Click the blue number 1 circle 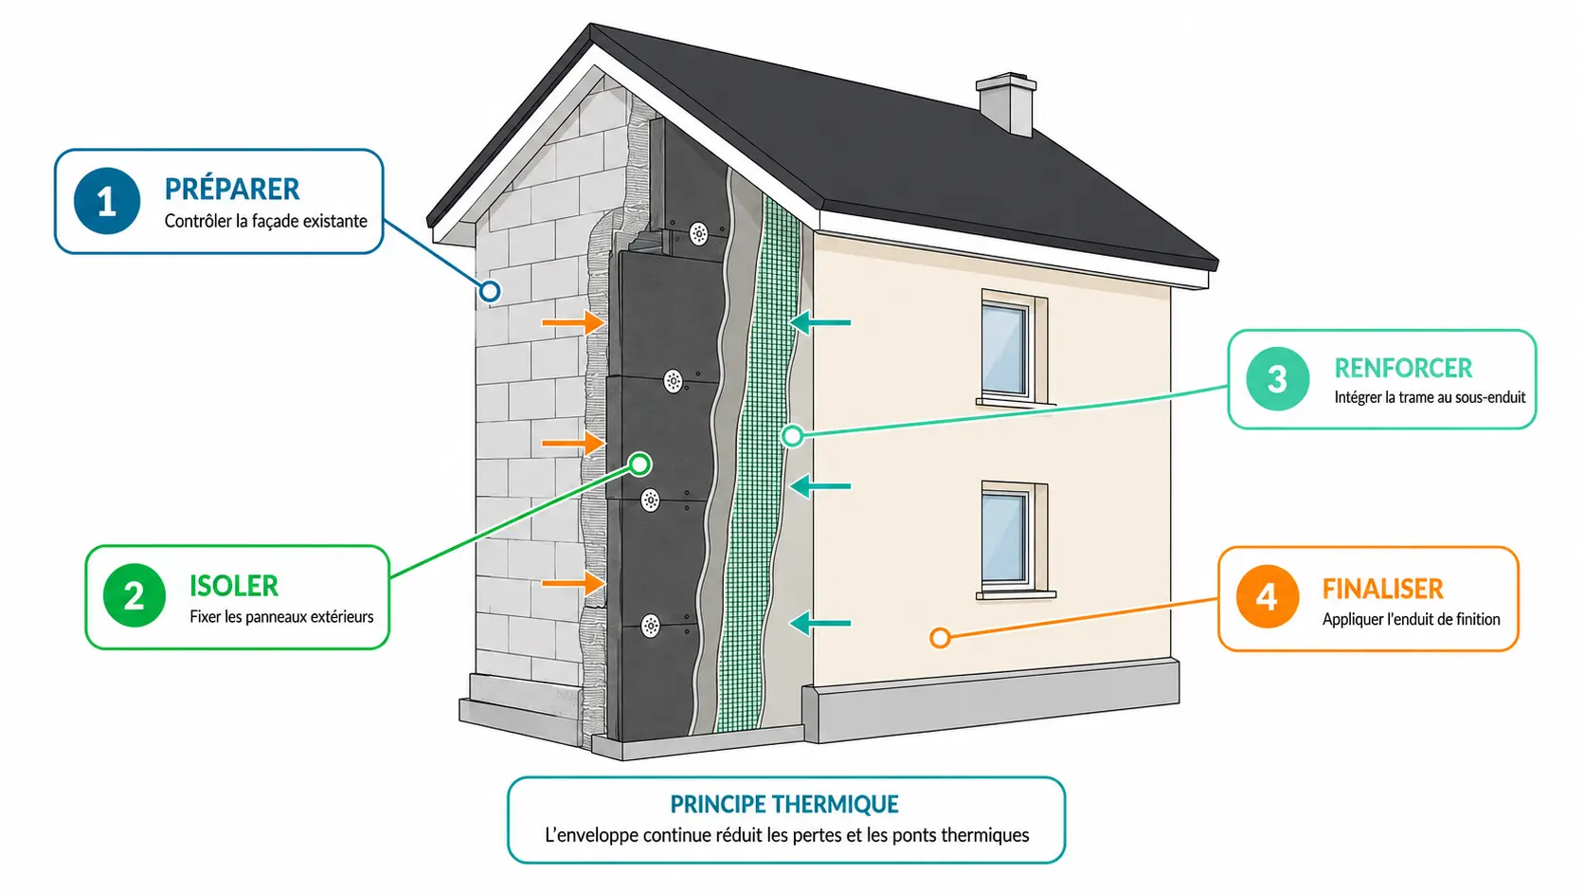pos(107,201)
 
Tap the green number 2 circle pos(135,595)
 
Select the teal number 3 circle pos(1278,378)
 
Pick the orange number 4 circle pos(1268,596)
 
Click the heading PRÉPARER pos(232,189)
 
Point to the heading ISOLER pos(234,586)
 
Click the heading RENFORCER pos(1403,368)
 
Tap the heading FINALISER pos(1382,589)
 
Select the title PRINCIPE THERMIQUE pos(784,804)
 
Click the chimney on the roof pos(1006,103)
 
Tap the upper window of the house pos(1014,348)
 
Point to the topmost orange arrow pos(573,322)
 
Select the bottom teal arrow pos(819,623)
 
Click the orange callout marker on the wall pos(940,638)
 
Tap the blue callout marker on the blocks pos(490,291)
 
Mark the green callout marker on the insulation pos(640,464)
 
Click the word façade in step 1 pos(272,222)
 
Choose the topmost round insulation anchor pos(698,233)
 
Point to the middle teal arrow pos(819,486)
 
